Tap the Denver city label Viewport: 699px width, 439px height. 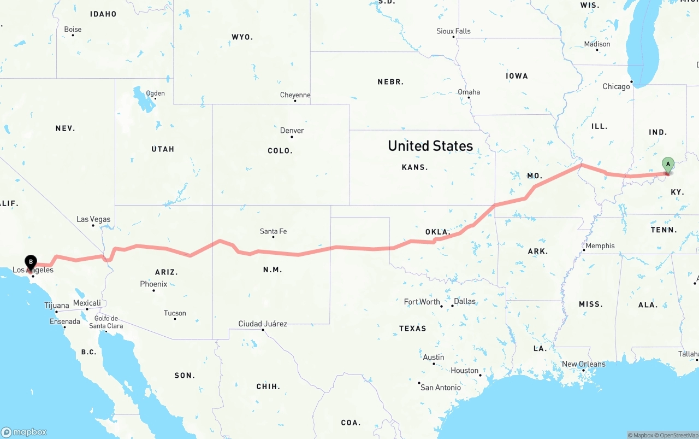pos(292,131)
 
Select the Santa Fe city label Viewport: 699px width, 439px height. pos(273,231)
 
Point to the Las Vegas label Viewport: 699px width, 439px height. pos(93,219)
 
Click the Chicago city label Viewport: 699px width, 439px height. pos(616,86)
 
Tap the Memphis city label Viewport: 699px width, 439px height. pos(600,246)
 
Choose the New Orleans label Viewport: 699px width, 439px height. pos(583,364)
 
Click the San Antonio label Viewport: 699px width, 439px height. pos(440,388)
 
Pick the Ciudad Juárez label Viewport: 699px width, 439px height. pos(263,324)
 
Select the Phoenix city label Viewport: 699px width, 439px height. pos(153,284)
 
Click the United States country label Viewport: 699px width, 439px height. pos(430,146)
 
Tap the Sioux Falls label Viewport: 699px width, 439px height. pos(453,31)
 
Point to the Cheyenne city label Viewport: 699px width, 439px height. pos(295,95)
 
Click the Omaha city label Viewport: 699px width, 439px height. pos(469,92)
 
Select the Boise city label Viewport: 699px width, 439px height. pos(73,30)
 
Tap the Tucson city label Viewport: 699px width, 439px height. pos(175,313)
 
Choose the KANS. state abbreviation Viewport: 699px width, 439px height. pos(414,167)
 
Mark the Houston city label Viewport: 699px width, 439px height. pos(464,371)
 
